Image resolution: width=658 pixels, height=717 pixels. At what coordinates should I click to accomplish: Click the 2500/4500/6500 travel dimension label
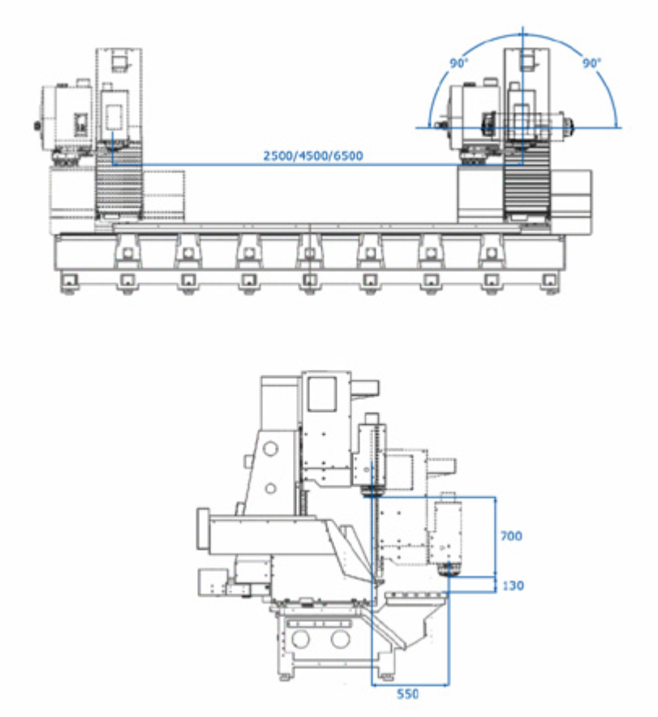pos(312,155)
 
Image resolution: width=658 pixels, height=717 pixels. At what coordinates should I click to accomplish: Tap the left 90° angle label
pos(459,63)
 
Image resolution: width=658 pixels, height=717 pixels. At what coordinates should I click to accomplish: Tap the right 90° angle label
pos(591,63)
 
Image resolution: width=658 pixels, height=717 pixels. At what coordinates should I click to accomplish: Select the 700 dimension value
pos(512,536)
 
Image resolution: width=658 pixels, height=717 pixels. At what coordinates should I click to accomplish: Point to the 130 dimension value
pos(512,585)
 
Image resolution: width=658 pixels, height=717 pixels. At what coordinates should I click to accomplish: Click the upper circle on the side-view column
pos(271,448)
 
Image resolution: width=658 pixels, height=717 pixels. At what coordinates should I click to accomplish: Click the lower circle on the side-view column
pos(271,487)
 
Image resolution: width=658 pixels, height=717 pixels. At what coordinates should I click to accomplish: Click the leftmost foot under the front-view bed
pos(67,282)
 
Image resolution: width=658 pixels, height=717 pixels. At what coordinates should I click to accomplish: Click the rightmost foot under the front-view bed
pos(550,282)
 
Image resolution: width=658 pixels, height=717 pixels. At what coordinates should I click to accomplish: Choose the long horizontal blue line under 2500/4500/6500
pos(312,165)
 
